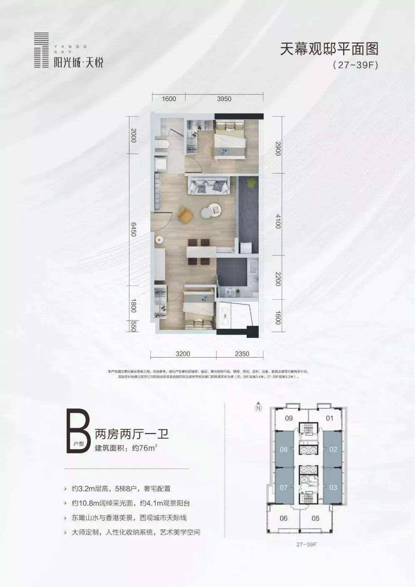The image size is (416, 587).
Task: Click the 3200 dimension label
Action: click(x=183, y=354)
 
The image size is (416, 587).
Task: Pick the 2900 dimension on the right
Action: click(x=278, y=148)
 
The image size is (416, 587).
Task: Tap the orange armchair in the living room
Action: click(x=185, y=215)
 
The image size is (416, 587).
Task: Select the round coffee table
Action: click(x=210, y=211)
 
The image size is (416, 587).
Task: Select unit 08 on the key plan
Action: click(x=284, y=449)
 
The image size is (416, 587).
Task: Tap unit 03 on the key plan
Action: click(x=333, y=487)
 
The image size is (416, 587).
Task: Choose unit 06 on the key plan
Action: click(x=284, y=518)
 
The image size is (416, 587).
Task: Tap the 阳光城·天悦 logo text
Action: click(x=78, y=63)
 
